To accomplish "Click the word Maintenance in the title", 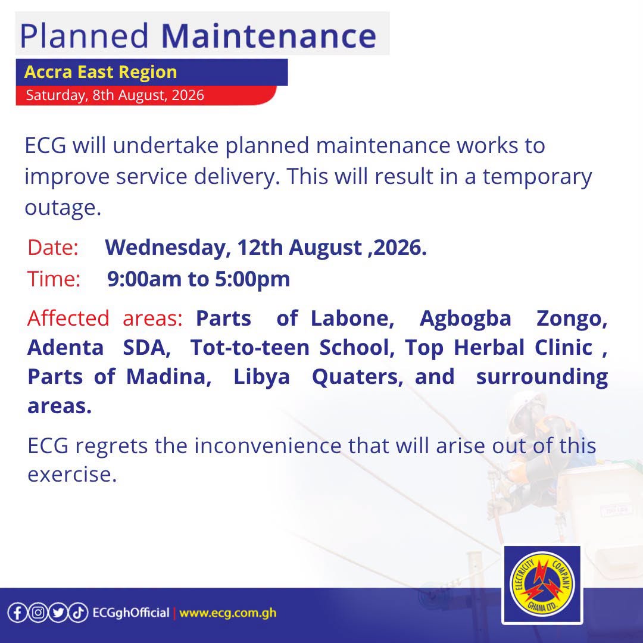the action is [269, 36].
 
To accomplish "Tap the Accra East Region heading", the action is [101, 72].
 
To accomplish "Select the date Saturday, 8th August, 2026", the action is [115, 95].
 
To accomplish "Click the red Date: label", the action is [53, 247].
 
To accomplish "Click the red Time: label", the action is [54, 279].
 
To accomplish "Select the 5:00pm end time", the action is [252, 279].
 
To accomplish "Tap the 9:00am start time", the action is [144, 279].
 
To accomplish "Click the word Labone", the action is [352, 318].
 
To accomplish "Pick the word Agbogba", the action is [466, 319].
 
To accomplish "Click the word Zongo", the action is [572, 319].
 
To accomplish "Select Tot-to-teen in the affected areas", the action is [249, 347].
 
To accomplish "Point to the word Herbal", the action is [489, 347].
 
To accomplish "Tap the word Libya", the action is [261, 377].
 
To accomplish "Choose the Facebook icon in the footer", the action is [17, 613].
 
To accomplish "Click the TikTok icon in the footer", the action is [78, 613].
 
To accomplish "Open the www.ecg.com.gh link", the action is [227, 613].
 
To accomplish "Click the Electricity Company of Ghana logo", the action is [542, 585].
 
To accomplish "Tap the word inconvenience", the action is [268, 445].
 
